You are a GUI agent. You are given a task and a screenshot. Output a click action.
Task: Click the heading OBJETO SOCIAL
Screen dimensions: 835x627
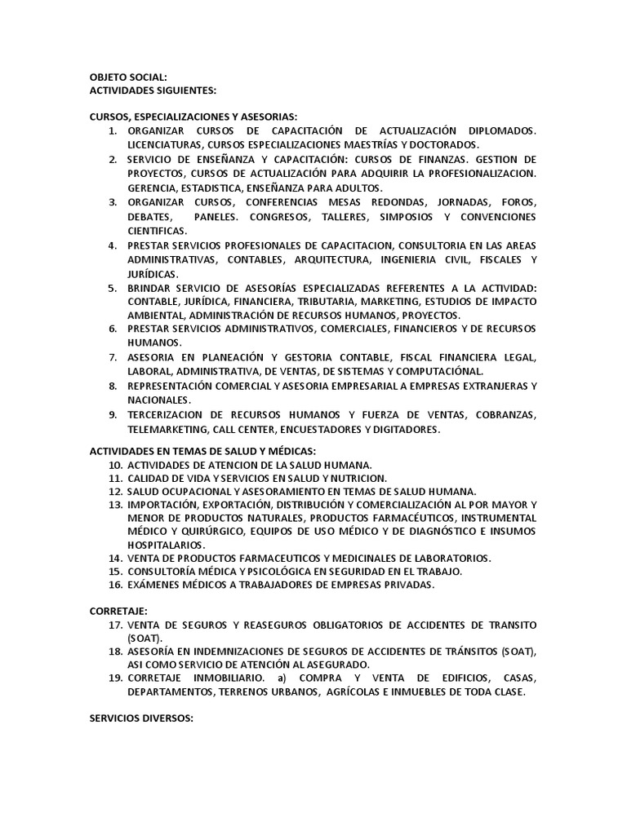(127, 77)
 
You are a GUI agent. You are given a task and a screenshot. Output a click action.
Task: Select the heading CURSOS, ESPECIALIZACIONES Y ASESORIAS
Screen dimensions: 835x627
(193, 116)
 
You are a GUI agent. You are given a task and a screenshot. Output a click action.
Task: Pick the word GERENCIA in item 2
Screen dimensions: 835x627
(153, 188)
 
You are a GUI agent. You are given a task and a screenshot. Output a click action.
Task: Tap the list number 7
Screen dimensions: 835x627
(113, 357)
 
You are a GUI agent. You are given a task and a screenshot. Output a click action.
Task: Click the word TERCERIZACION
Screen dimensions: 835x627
(171, 415)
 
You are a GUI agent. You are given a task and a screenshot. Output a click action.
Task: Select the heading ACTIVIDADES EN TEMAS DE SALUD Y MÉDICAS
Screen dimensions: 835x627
(202, 451)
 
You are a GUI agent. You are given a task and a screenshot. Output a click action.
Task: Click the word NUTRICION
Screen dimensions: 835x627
(357, 478)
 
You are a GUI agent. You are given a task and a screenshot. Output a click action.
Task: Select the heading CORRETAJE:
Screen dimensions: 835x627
(120, 609)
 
